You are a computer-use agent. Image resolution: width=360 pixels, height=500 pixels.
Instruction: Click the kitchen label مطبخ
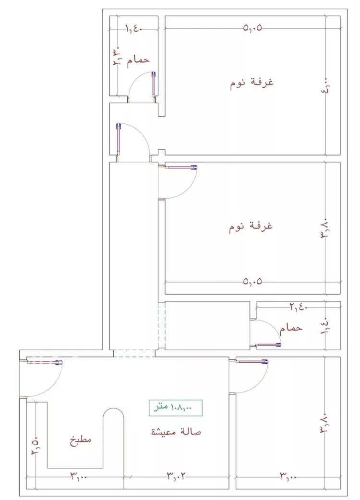tap(81, 440)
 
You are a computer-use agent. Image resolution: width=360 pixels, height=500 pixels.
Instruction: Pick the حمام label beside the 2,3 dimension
tap(138, 60)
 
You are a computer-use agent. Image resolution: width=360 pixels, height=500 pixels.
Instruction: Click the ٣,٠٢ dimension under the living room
tap(176, 476)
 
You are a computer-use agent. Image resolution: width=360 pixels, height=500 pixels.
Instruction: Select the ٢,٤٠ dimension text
tap(298, 306)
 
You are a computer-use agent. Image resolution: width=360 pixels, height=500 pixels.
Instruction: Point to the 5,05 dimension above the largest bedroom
tap(252, 28)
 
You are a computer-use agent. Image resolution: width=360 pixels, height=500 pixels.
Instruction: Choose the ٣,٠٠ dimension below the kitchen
tap(80, 476)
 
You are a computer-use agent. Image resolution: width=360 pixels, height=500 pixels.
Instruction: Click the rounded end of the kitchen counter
tap(114, 414)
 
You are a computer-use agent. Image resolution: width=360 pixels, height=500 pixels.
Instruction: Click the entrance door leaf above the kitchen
tap(44, 362)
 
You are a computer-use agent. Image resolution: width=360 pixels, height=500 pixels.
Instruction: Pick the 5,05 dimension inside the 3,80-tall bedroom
tap(252, 281)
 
